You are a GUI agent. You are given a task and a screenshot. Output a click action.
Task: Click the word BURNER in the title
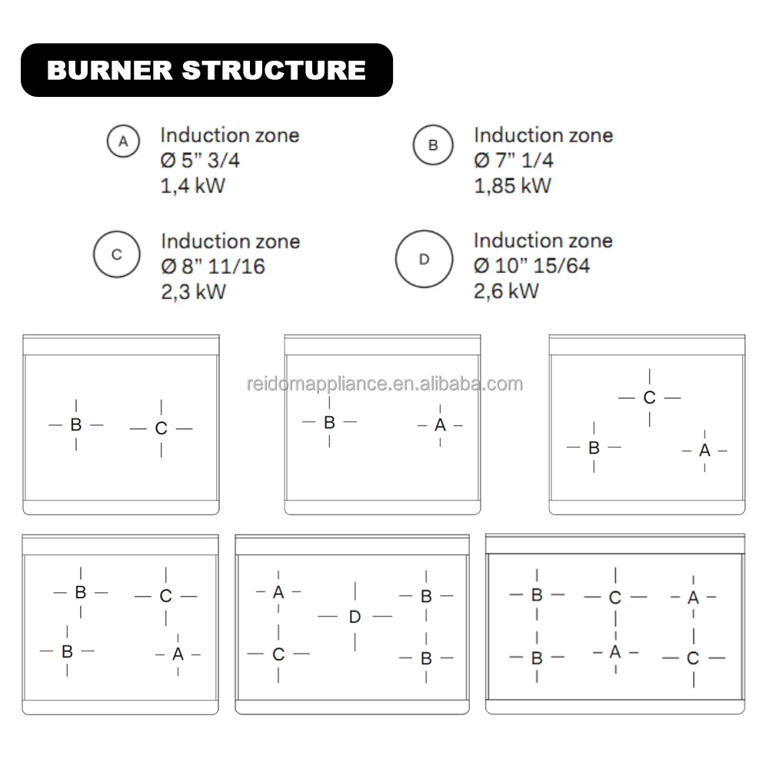tap(108, 70)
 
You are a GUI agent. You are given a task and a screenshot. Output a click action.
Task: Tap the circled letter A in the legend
tap(123, 142)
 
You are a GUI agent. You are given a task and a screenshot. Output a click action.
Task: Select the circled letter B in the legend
tap(433, 145)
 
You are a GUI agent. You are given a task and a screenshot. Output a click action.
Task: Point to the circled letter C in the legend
tap(117, 254)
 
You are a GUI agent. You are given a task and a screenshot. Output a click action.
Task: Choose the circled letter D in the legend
tap(424, 259)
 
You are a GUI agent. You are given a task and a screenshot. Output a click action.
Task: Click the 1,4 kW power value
tap(192, 185)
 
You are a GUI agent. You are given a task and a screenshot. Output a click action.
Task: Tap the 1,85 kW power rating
tap(512, 185)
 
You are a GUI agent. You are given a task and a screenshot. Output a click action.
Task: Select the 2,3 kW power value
tap(193, 291)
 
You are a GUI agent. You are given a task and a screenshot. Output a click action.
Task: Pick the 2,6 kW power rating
tap(506, 291)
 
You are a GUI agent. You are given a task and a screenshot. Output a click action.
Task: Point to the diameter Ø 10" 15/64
tap(532, 266)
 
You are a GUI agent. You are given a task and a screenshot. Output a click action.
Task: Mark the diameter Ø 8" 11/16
tap(213, 267)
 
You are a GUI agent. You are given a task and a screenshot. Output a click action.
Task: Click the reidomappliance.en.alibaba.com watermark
tap(384, 384)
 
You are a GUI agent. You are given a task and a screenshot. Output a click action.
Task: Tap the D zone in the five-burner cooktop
tap(355, 617)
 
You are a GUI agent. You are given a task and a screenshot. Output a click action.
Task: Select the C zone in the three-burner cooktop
tap(650, 398)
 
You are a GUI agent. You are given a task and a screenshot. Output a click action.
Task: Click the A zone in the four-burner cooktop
tap(178, 654)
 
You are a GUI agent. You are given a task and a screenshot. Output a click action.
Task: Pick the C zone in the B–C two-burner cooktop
tap(161, 428)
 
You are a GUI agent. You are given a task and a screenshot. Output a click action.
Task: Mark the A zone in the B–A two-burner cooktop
tap(440, 424)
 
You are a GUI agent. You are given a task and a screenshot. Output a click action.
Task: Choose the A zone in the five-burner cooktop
tap(278, 592)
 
